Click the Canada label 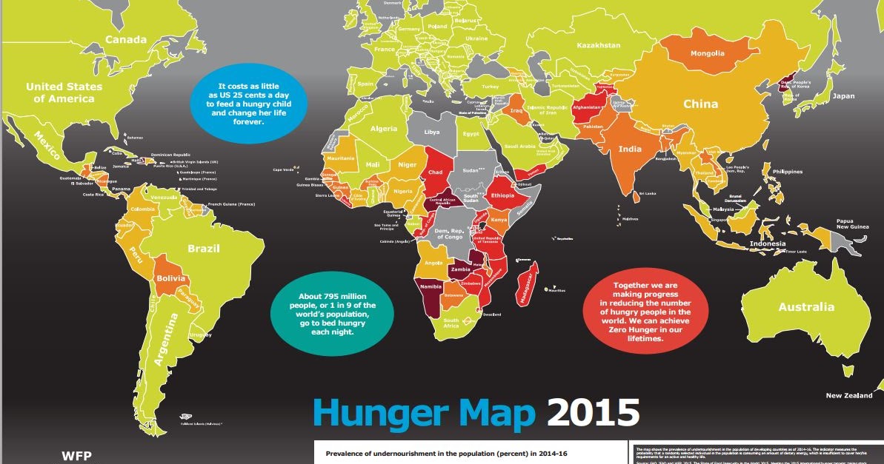(x=126, y=38)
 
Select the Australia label (x=806, y=306)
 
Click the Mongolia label (x=708, y=53)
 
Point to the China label (x=700, y=104)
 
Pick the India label (x=630, y=149)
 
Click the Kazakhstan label (x=599, y=45)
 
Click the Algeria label (x=383, y=129)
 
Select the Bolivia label (x=170, y=279)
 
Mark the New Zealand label (x=849, y=396)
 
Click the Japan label (x=843, y=96)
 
